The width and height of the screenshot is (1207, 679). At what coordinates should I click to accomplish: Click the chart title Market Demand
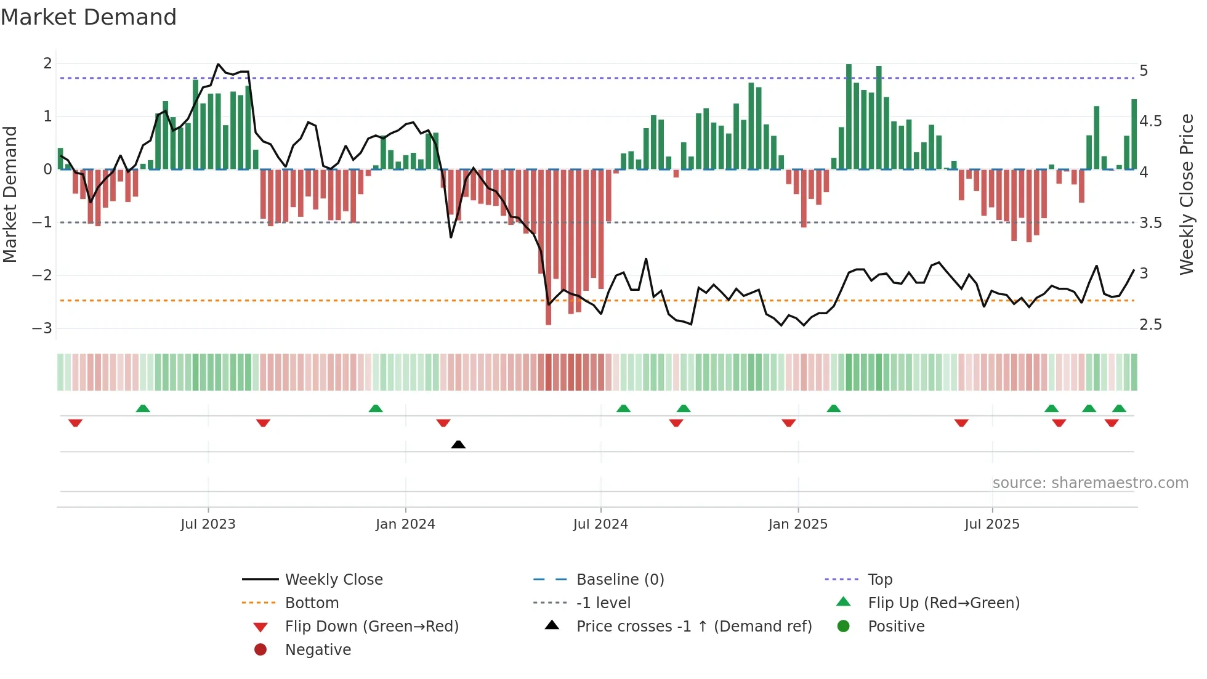(89, 17)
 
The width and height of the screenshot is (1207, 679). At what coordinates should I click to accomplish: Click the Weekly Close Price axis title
(1187, 194)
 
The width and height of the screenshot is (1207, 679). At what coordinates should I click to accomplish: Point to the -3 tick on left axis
(42, 328)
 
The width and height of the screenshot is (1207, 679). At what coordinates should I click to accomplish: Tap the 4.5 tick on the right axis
(1150, 121)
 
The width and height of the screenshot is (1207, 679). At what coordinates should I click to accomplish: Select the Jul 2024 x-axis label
(600, 524)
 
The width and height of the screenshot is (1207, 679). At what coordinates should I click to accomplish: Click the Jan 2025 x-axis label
(797, 524)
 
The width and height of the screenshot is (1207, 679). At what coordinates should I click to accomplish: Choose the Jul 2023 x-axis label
(208, 524)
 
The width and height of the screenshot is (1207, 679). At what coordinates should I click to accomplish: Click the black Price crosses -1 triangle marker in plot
(458, 444)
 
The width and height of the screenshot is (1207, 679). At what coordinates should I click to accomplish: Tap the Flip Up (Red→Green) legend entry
(943, 603)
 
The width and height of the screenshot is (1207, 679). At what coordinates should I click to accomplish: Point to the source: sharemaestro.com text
(1090, 483)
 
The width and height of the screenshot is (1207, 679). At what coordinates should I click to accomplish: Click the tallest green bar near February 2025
(849, 117)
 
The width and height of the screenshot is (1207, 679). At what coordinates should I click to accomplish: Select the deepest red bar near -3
(548, 246)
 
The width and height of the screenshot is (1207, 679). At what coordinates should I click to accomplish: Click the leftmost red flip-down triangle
(75, 423)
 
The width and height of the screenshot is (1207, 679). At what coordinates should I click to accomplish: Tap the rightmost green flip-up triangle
(1119, 409)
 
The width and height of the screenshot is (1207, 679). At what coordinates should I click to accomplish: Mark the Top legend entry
(880, 580)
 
